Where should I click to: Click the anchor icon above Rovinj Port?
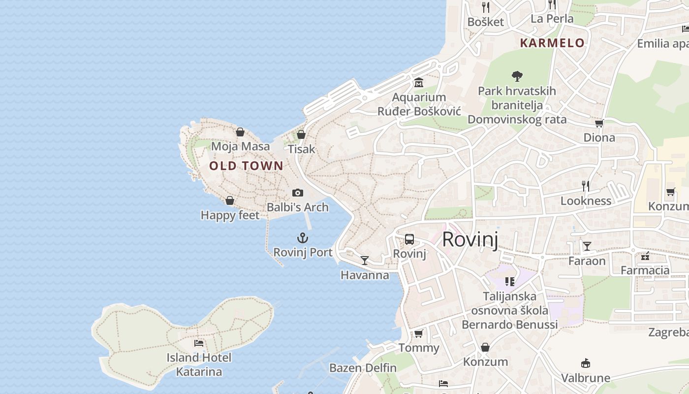(303, 239)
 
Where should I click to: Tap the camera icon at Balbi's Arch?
(297, 193)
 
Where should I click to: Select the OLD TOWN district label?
(246, 166)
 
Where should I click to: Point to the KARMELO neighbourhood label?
(552, 43)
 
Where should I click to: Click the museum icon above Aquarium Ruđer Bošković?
(419, 83)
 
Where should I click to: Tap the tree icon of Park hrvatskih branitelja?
(517, 76)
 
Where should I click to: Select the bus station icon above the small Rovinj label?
(409, 240)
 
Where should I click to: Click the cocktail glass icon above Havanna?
(365, 261)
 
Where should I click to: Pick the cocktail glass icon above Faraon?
(587, 246)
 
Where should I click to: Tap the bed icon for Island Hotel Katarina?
(199, 343)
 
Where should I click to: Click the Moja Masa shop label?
(241, 146)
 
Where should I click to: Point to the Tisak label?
(301, 149)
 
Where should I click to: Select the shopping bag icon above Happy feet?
(230, 200)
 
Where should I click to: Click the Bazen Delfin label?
(363, 368)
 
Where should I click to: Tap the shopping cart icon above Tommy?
(419, 334)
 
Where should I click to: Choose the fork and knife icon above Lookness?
(586, 186)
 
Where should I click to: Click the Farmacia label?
(645, 270)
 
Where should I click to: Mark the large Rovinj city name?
(470, 239)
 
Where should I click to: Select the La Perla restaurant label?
(552, 19)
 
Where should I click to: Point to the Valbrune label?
(586, 378)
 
